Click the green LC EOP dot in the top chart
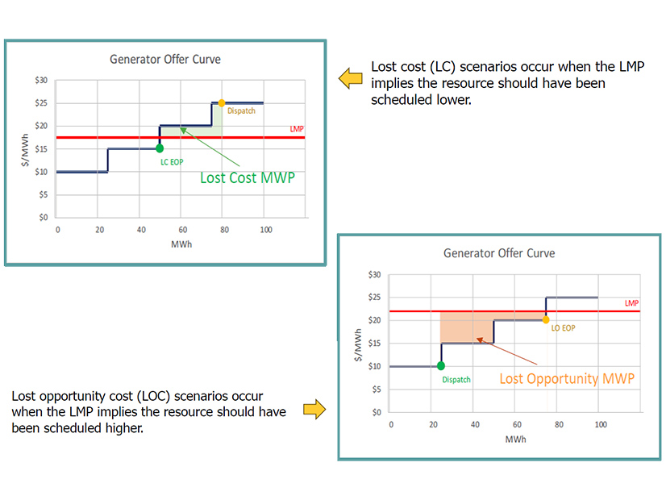point(160,148)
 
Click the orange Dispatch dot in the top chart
point(222,103)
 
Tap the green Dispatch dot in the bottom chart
point(441,365)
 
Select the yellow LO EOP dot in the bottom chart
point(546,319)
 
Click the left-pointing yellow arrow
point(350,78)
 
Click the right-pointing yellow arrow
point(314,410)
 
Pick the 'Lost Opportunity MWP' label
point(567,378)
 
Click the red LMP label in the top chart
point(297,129)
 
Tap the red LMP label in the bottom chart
point(631,303)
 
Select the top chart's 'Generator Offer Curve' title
point(165,59)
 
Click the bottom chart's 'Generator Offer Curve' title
point(499,253)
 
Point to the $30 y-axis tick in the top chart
point(41,81)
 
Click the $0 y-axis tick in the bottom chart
point(376,412)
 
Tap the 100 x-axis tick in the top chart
point(266,230)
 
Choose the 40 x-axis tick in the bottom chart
point(475,424)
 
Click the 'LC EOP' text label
point(172,162)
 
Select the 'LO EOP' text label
point(564,328)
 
